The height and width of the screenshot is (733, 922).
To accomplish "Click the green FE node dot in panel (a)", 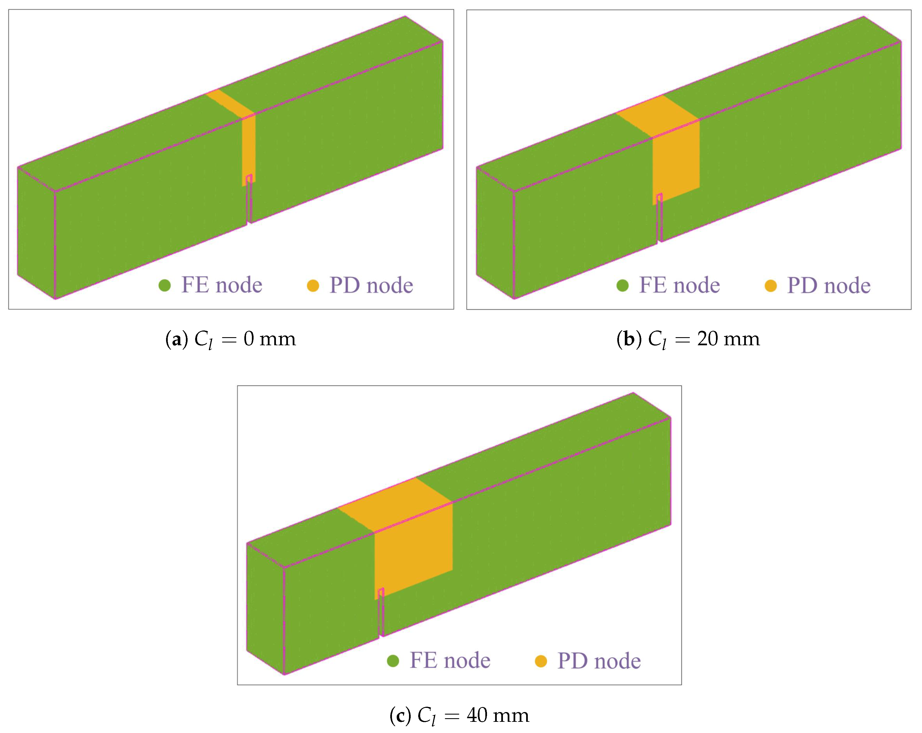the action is (x=165, y=285).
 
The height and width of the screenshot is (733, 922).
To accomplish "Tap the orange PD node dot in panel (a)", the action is (x=313, y=285).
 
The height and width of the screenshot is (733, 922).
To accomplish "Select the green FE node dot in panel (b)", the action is (x=623, y=285).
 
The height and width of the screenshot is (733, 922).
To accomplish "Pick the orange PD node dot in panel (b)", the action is (x=770, y=285).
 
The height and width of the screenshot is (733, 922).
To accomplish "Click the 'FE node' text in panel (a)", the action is (x=221, y=285).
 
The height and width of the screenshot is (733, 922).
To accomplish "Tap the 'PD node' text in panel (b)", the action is (x=829, y=285).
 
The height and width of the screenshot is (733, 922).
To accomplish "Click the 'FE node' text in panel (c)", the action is (x=450, y=661).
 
